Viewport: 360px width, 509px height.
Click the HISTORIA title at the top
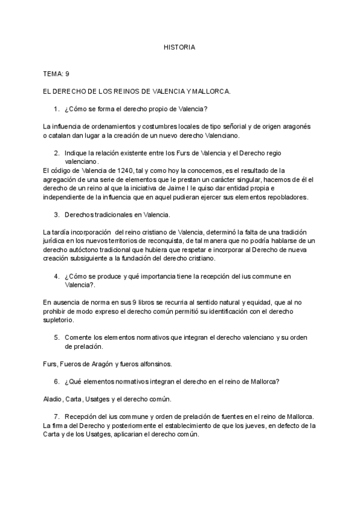tap(179, 47)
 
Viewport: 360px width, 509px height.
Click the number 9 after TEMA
tap(68, 74)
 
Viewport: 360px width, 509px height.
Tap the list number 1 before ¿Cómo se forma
tap(56, 109)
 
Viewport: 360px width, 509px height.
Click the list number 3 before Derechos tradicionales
tap(56, 214)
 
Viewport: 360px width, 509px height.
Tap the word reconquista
tap(164, 241)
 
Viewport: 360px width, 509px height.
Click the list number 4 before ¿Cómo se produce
tap(56, 276)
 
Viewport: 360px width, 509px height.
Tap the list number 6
tap(56, 382)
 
